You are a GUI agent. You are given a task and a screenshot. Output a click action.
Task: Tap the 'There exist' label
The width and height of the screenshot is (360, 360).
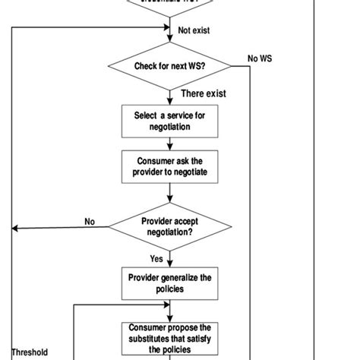point(204,93)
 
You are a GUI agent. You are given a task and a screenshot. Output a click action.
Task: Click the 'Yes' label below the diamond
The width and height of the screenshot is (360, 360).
point(156,257)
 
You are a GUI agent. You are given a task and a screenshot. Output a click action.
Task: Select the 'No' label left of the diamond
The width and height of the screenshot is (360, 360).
point(90,222)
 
